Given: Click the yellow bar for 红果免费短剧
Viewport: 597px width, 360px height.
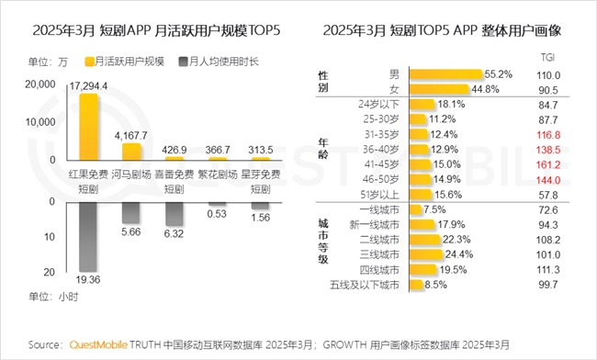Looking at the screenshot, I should [x=88, y=126].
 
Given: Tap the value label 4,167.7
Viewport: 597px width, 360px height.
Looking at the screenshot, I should [x=132, y=136].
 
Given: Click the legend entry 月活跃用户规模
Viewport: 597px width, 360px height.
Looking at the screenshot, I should [x=125, y=62].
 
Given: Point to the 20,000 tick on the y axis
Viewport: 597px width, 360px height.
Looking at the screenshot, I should [x=39, y=84].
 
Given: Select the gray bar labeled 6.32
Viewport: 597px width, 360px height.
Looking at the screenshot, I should [x=176, y=214].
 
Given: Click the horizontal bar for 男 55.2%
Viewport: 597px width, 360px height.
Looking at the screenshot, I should [x=445, y=73].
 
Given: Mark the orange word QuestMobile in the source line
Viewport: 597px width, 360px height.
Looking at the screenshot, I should [x=96, y=345].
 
